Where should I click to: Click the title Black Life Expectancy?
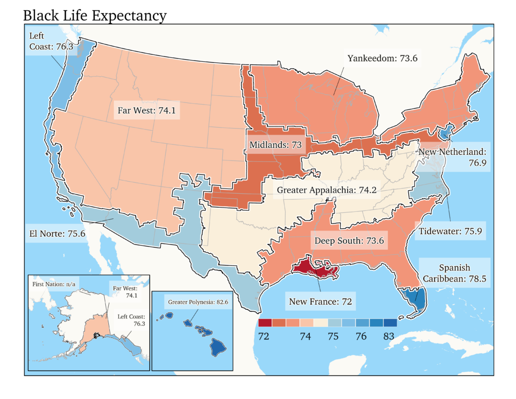tap(95, 15)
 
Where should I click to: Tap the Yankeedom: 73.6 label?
tap(382, 59)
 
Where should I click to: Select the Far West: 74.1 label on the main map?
tap(146, 110)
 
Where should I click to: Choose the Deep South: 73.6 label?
tap(349, 241)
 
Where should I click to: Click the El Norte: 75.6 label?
tap(56, 234)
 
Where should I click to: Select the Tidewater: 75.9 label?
tap(450, 232)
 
